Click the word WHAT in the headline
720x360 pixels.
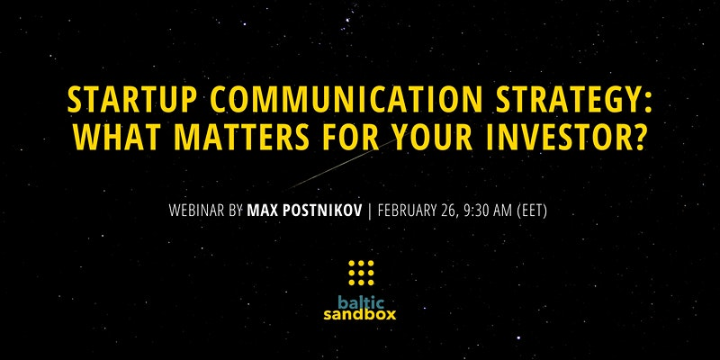115,137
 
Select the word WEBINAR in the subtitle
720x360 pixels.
198,211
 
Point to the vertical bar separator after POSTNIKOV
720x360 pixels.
370,211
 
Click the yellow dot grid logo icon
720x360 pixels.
361,273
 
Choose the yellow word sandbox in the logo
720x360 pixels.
359,315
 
